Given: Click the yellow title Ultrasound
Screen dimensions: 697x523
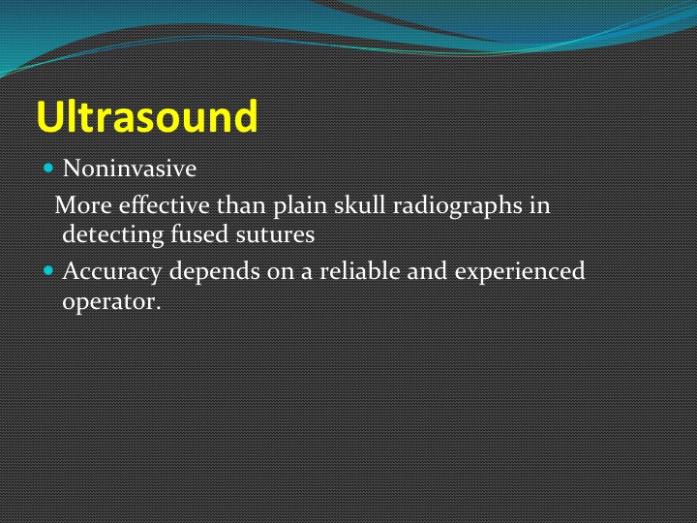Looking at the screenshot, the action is [x=147, y=116].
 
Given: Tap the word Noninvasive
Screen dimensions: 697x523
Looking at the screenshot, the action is [x=130, y=169].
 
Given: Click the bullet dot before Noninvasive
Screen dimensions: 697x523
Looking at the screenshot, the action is [x=48, y=169].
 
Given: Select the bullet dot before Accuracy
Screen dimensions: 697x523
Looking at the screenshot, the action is [x=48, y=270].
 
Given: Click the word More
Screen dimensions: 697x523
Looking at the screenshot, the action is [x=83, y=205].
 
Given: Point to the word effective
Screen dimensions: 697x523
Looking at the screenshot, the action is [x=164, y=205].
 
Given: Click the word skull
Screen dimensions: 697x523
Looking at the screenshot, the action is [x=359, y=205].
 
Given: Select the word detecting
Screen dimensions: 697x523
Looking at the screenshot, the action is [x=113, y=235].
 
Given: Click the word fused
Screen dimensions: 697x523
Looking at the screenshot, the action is [x=199, y=233].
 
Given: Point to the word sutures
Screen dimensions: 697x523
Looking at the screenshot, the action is [x=275, y=234].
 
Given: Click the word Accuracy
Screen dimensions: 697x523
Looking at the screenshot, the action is [x=112, y=272].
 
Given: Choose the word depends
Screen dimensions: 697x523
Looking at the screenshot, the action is [x=214, y=272].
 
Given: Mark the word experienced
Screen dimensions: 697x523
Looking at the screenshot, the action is [x=520, y=272].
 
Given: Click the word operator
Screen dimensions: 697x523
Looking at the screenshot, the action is [x=108, y=302].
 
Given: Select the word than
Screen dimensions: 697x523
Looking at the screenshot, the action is [x=241, y=205].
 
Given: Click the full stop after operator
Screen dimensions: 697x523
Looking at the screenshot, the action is [x=158, y=309].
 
